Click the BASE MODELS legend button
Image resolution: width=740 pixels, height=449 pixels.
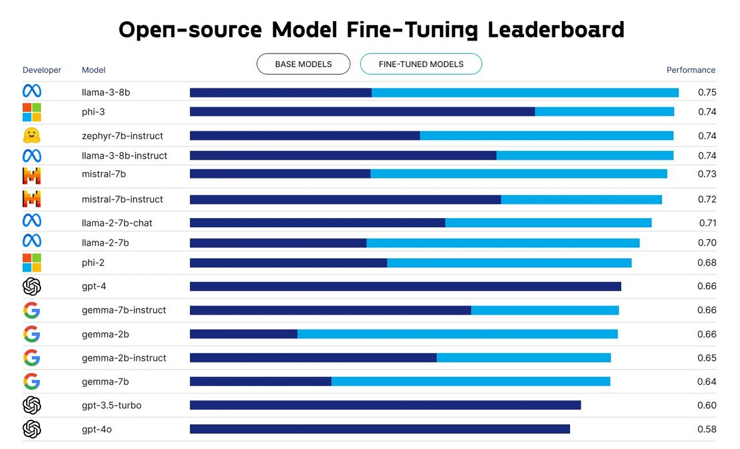[303, 64]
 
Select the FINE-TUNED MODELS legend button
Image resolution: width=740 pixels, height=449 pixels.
[421, 64]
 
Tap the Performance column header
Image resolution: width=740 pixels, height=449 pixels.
[691, 70]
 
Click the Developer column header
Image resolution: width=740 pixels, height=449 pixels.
[42, 70]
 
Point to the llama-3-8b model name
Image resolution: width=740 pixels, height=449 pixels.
[106, 92]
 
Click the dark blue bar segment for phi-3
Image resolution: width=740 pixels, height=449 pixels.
[362, 111]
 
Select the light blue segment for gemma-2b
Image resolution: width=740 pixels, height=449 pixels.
[457, 334]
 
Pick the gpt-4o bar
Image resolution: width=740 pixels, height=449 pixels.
[380, 429]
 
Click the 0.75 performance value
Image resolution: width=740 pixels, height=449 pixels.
[707, 92]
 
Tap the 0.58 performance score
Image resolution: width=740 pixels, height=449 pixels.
[707, 429]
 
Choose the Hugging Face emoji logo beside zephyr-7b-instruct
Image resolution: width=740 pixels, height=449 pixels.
[31, 136]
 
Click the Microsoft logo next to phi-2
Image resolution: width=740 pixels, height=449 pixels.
[32, 262]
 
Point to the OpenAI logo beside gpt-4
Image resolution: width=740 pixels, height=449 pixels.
[32, 286]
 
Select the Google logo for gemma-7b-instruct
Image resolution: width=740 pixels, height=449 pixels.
[32, 310]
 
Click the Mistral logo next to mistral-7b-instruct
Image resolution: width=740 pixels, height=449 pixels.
[32, 199]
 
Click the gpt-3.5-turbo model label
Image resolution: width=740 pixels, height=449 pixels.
[111, 405]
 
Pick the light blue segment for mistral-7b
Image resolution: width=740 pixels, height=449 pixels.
[518, 174]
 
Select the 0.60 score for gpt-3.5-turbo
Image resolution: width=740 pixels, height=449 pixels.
[707, 405]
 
